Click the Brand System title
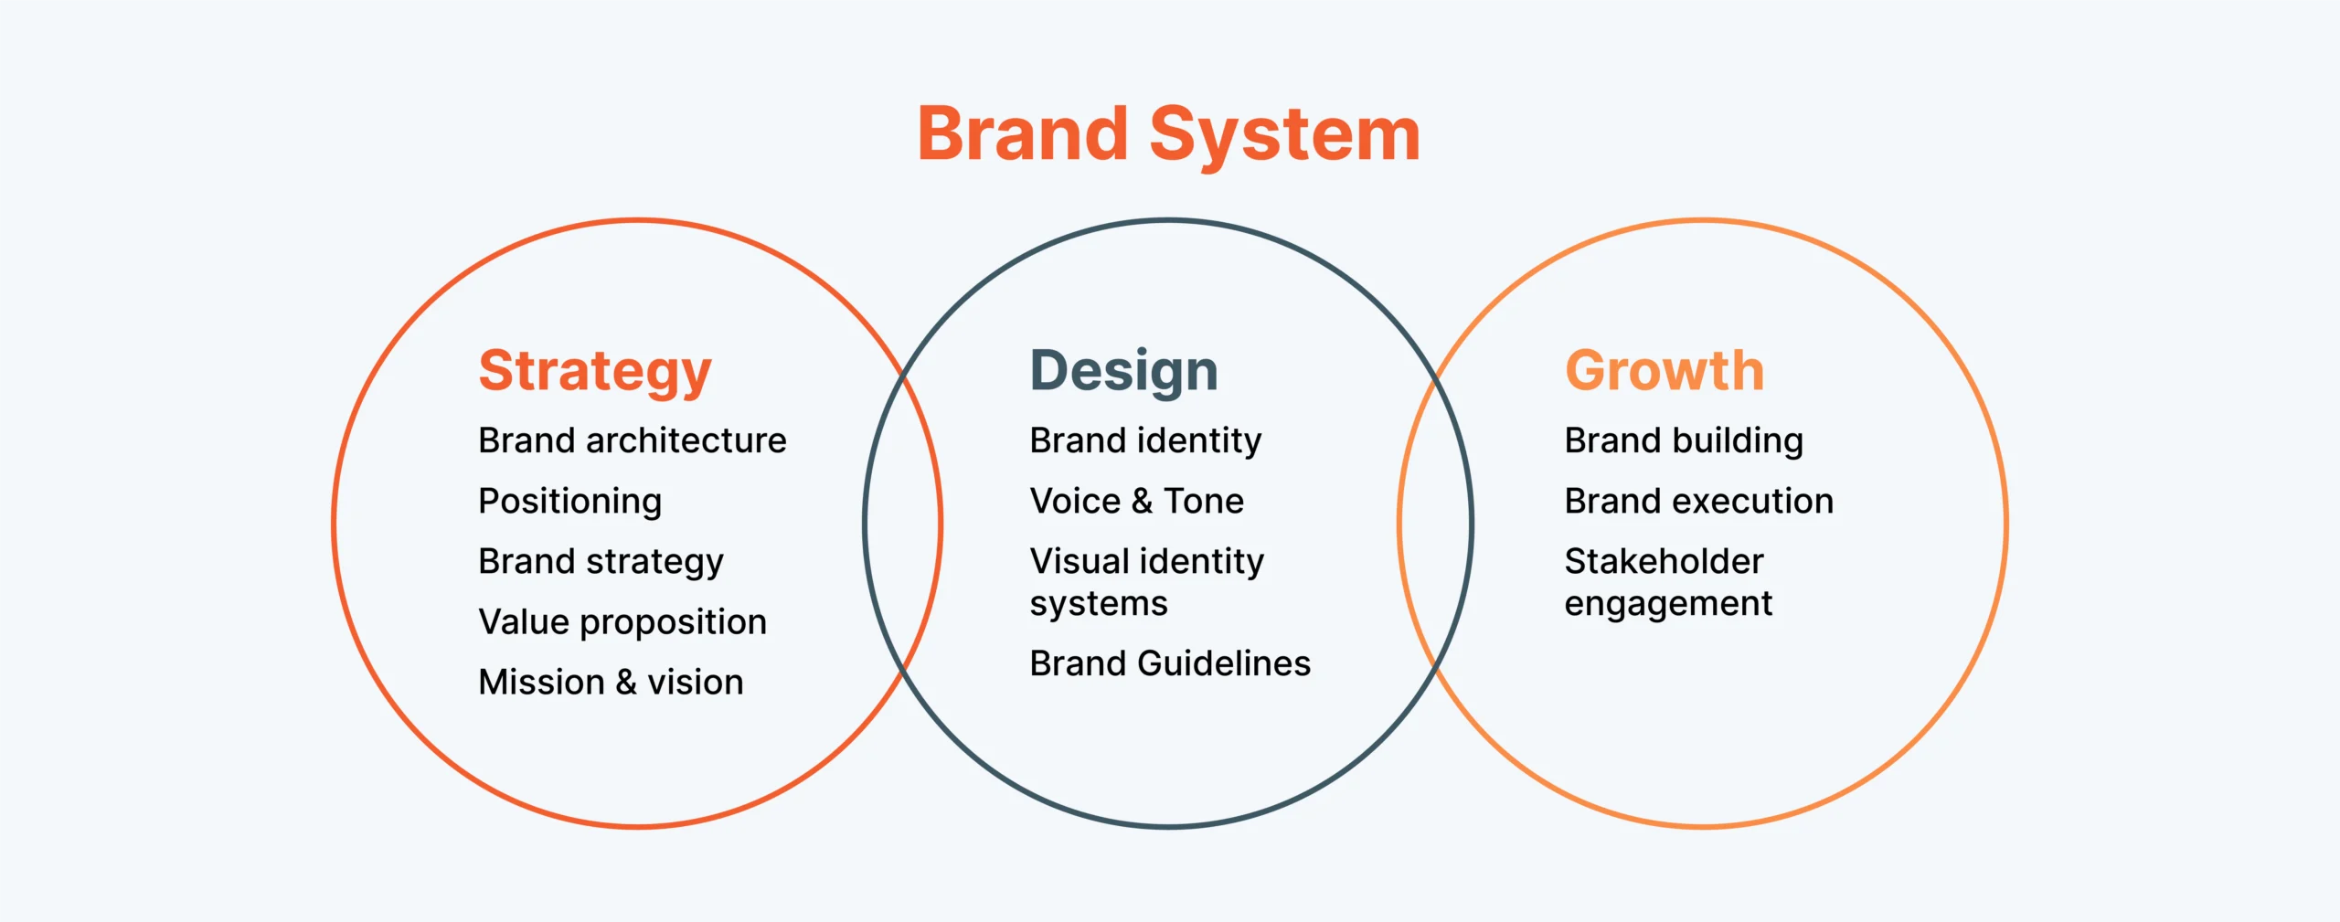(x=1169, y=135)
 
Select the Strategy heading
(x=595, y=372)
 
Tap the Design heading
(x=1124, y=372)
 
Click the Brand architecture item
(x=633, y=440)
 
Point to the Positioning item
(x=570, y=502)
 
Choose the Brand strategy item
(x=601, y=562)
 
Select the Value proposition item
(x=622, y=622)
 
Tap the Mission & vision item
(x=611, y=683)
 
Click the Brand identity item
(x=1145, y=441)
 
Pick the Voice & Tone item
(x=1137, y=501)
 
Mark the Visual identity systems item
(x=1147, y=582)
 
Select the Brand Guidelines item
(x=1170, y=663)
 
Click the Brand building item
(x=1684, y=441)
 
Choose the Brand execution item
(x=1699, y=501)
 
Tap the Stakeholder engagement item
(x=1669, y=583)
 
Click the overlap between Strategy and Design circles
(x=903, y=524)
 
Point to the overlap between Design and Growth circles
(x=1435, y=524)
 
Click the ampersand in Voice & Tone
(x=1142, y=501)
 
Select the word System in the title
(x=1284, y=135)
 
